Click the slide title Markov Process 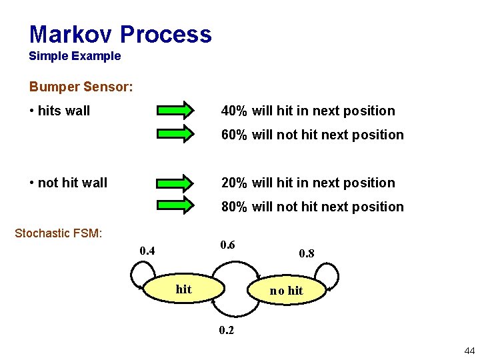pyautogui.click(x=120, y=34)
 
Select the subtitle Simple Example pyautogui.click(x=75, y=57)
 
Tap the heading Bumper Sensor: pyautogui.click(x=81, y=87)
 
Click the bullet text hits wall pyautogui.click(x=63, y=111)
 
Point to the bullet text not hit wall pyautogui.click(x=72, y=183)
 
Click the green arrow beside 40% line pyautogui.click(x=176, y=110)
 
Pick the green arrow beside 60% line pyautogui.click(x=176, y=134)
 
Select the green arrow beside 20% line pyautogui.click(x=176, y=182)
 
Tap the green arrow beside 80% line pyautogui.click(x=176, y=206)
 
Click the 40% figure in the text pyautogui.click(x=235, y=111)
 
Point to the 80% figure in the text pyautogui.click(x=235, y=207)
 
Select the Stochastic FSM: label pyautogui.click(x=58, y=233)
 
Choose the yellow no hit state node pyautogui.click(x=286, y=290)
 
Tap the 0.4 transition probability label pyautogui.click(x=147, y=251)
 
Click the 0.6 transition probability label pyautogui.click(x=227, y=244)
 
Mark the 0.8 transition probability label pyautogui.click(x=307, y=253)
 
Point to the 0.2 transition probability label pyautogui.click(x=227, y=331)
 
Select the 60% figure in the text pyautogui.click(x=235, y=135)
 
